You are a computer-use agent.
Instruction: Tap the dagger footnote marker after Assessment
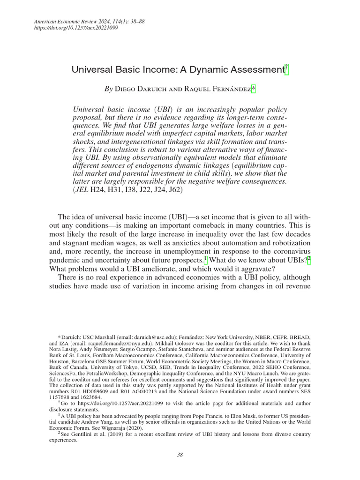click(x=287, y=68)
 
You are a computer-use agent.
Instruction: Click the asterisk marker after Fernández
click(x=254, y=87)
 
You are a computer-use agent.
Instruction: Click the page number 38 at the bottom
click(x=180, y=454)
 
